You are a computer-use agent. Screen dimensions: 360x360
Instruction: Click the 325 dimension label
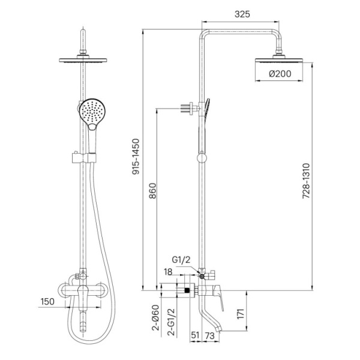(242, 14)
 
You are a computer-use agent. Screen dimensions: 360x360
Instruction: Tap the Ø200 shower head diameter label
(280, 74)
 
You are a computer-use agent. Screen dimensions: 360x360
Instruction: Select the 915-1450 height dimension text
(136, 157)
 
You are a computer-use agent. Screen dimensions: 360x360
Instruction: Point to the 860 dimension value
(152, 191)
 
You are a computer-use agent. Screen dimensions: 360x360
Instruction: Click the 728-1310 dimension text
(306, 181)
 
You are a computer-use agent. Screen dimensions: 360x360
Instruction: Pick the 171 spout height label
(240, 314)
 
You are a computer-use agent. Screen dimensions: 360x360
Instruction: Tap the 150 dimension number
(48, 301)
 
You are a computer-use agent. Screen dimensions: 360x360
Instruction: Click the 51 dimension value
(195, 335)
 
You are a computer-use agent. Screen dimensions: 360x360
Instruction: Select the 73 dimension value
(209, 335)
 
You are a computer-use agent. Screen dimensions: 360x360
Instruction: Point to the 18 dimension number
(168, 272)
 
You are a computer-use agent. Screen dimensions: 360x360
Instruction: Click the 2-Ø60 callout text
(155, 318)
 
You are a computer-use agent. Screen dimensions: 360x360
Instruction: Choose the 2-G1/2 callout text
(171, 322)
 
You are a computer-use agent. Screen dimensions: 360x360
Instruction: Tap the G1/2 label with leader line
(181, 260)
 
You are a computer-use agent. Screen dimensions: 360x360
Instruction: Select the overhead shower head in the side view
(279, 60)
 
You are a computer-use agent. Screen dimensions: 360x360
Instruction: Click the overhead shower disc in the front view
(83, 61)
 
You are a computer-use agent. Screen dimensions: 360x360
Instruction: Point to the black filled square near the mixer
(188, 290)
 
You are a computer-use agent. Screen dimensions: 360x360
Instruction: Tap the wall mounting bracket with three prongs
(190, 107)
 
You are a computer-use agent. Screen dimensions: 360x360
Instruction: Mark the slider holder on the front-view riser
(84, 157)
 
